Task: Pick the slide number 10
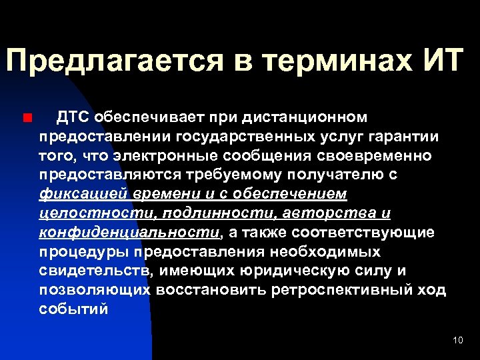[457, 341]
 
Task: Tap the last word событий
[73, 310]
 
